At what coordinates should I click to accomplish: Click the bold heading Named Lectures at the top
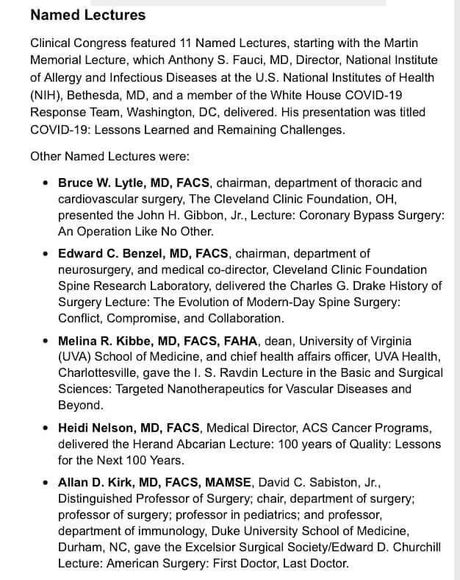click(x=88, y=15)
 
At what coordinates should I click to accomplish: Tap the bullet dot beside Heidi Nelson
click(x=47, y=428)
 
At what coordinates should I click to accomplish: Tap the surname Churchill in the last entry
click(x=413, y=548)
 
